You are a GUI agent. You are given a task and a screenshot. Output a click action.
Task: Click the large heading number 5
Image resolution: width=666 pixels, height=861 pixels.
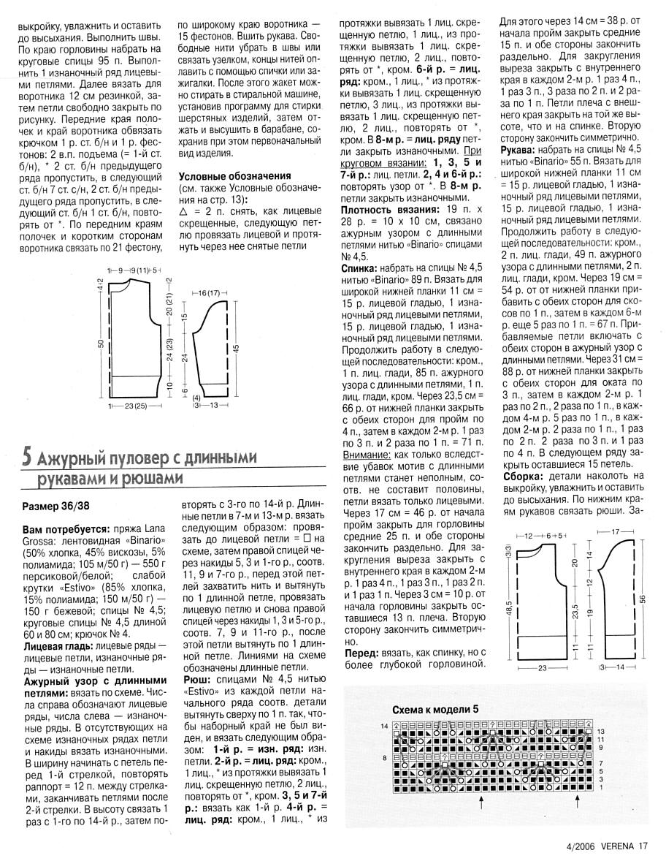coord(26,458)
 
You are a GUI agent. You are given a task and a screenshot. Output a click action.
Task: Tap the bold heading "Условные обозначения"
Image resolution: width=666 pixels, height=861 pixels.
coord(235,175)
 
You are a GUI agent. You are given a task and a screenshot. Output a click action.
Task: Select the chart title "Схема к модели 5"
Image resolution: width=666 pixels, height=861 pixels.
coord(435,709)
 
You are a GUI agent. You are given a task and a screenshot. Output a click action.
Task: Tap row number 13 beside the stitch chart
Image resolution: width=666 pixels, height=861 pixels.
coord(601,731)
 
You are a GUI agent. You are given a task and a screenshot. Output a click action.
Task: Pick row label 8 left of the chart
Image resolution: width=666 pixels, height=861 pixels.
coord(385,758)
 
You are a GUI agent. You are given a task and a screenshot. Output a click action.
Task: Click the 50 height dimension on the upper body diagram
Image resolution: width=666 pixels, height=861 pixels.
coord(103,344)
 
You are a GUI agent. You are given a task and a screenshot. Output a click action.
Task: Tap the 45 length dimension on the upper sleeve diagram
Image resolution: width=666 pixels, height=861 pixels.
coord(234,348)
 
